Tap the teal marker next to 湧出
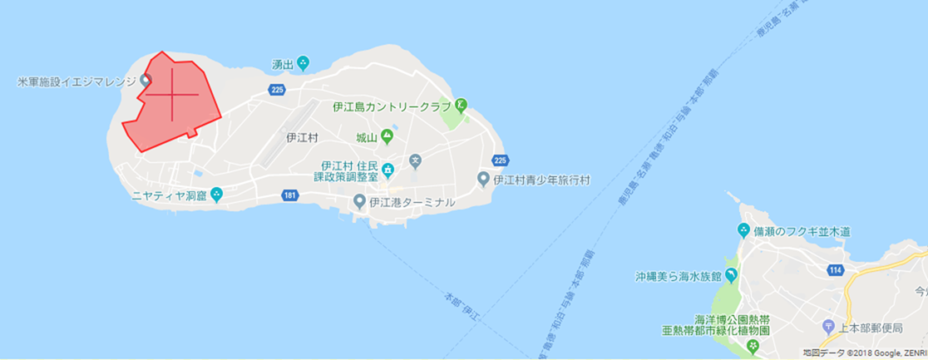303,63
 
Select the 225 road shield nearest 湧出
278,89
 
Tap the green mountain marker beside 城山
387,137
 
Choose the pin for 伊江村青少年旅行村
483,179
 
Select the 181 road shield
289,195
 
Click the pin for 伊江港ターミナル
359,201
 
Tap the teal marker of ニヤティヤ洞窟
216,195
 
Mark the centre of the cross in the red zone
172,95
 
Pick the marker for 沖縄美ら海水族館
731,275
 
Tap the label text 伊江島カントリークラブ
391,106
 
